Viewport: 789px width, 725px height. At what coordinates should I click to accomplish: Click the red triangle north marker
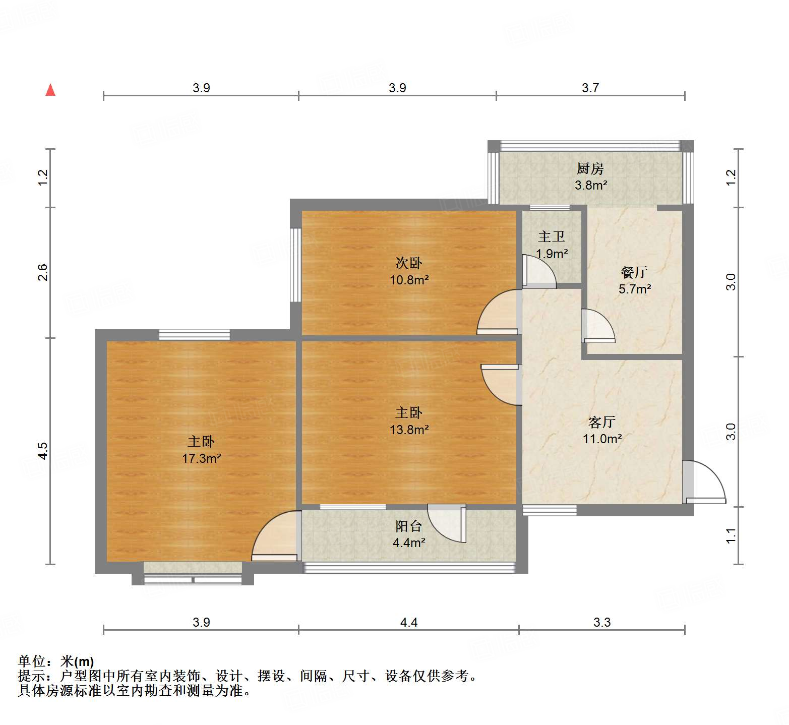[50, 90]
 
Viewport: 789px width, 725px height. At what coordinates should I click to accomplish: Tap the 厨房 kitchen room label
[590, 168]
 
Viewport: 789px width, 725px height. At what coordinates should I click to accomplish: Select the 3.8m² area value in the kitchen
[591, 185]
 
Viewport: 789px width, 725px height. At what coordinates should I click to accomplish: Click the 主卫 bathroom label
[551, 236]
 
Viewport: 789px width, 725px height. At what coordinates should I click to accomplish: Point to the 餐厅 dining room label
[634, 272]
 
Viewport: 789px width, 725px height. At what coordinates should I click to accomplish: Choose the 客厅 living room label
[602, 421]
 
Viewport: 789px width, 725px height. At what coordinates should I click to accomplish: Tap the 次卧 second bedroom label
[409, 263]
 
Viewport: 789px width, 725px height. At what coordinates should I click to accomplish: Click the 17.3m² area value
[202, 458]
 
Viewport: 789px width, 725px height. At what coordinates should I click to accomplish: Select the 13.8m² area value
[409, 430]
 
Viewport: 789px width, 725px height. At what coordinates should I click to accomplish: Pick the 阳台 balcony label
[408, 526]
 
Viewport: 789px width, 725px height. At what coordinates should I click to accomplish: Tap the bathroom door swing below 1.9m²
[538, 272]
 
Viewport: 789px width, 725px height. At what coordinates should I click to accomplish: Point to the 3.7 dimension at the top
[590, 88]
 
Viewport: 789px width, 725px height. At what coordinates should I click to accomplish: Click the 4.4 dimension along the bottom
[409, 623]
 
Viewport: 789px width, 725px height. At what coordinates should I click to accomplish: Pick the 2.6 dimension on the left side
[43, 272]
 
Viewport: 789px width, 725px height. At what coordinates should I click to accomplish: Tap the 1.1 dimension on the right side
[731, 535]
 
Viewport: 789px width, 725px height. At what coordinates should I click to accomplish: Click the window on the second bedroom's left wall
[295, 265]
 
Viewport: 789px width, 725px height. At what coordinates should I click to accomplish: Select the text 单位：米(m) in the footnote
[56, 661]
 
